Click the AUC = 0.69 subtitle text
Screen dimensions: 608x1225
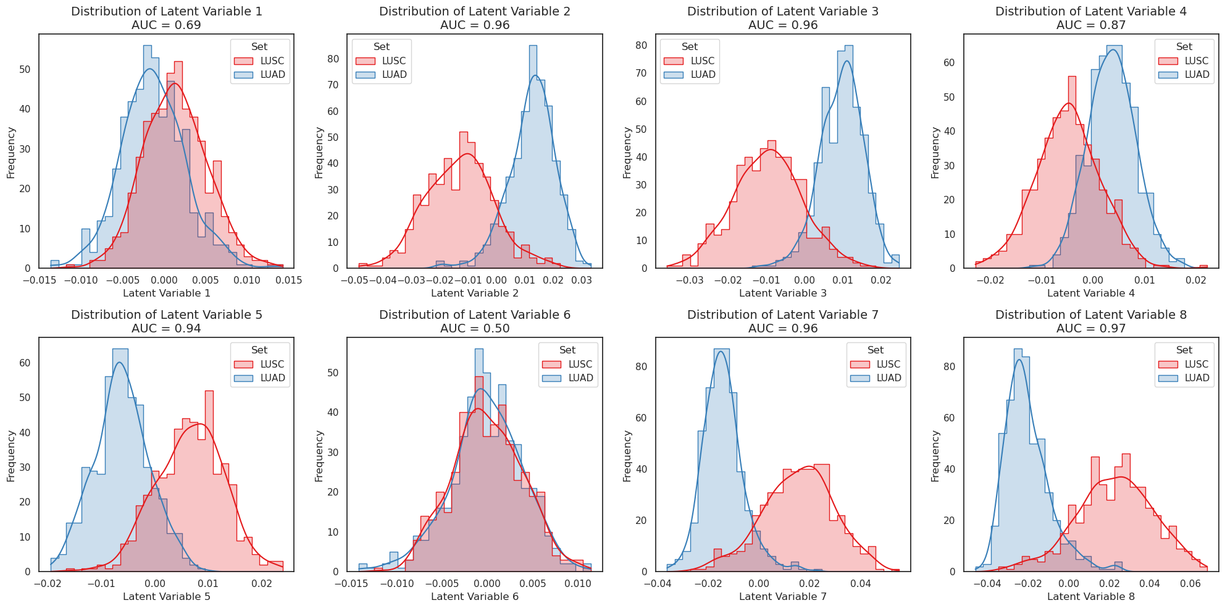[x=166, y=25]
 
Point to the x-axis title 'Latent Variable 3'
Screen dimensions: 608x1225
[x=782, y=293]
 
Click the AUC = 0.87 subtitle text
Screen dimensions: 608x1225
[x=1091, y=25]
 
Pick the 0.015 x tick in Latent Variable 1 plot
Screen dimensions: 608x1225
[x=288, y=281]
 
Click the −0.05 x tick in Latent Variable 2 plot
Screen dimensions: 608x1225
[x=354, y=281]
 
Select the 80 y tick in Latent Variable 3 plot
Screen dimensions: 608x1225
[x=641, y=45]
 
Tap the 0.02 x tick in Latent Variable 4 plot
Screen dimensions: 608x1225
[x=1196, y=281]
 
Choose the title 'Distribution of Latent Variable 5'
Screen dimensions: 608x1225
[x=166, y=315]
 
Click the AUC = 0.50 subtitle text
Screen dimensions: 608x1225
[x=475, y=329]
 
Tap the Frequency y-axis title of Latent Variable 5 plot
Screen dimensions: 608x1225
[x=11, y=456]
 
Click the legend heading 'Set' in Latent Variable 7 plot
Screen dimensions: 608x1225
[x=875, y=350]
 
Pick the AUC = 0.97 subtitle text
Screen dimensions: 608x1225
[x=1091, y=329]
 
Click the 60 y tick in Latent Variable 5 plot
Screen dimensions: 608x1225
[x=25, y=363]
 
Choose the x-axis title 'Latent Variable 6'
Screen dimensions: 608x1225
[x=474, y=596]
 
